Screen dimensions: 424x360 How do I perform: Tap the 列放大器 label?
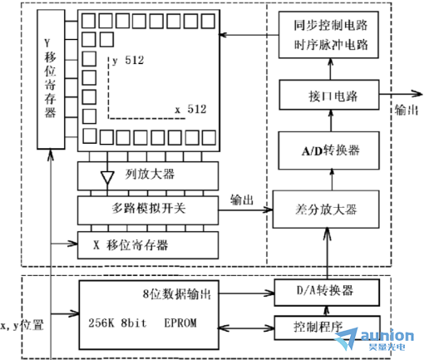pyautogui.click(x=150, y=175)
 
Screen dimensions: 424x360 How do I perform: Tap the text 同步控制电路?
pyautogui.click(x=331, y=25)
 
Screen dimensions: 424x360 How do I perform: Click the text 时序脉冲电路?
pyautogui.click(x=331, y=45)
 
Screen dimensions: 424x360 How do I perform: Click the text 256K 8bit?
pyautogui.click(x=117, y=323)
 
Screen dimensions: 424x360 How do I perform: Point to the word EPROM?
pyautogui.click(x=180, y=323)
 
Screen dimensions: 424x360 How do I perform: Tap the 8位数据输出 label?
pyautogui.click(x=177, y=293)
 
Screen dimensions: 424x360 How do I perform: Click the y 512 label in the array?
pyautogui.click(x=128, y=61)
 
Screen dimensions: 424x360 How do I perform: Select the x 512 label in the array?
pyautogui.click(x=190, y=109)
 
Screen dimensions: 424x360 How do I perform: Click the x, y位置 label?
pyautogui.click(x=22, y=325)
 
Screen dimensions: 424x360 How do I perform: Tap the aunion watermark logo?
pyautogui.click(x=375, y=338)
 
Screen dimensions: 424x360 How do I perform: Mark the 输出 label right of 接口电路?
pyautogui.click(x=407, y=110)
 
